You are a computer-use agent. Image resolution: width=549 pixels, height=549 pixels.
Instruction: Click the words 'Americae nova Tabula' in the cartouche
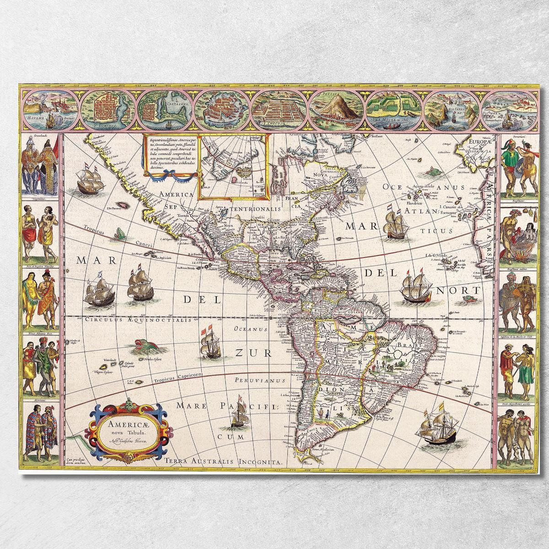click(x=124, y=427)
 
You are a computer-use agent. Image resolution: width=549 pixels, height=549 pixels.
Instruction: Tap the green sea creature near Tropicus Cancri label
click(x=120, y=233)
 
